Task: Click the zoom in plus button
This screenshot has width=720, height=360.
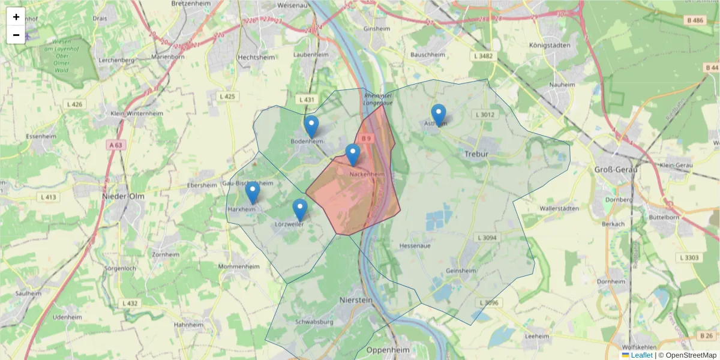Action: (x=16, y=17)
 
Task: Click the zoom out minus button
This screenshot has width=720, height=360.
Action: (x=16, y=35)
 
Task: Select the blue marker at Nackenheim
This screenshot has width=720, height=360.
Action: (x=353, y=155)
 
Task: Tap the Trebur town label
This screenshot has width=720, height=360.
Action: (x=477, y=154)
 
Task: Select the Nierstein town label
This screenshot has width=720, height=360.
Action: (x=356, y=299)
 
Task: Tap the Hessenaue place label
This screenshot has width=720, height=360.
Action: (x=415, y=245)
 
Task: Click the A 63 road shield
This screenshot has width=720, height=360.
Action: (x=116, y=145)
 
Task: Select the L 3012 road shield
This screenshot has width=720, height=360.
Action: (x=484, y=115)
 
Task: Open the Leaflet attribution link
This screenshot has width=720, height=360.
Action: (x=641, y=355)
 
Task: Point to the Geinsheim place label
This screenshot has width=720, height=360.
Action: (x=461, y=271)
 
